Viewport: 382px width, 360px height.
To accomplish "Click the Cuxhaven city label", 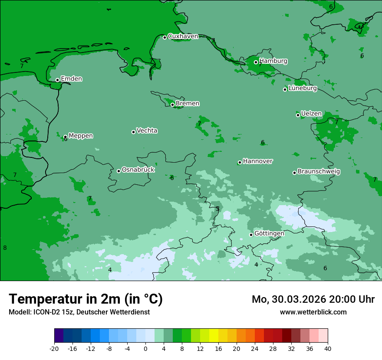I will (183, 36).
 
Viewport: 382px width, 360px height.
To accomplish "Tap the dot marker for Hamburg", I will (256, 62).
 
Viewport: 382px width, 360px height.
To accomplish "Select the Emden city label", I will (71, 79).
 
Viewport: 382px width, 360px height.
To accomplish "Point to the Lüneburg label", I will (303, 88).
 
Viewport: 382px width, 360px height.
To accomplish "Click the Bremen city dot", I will (172, 105).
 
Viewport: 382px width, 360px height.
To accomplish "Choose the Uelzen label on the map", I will (311, 114).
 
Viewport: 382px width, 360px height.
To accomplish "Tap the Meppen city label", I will (81, 136).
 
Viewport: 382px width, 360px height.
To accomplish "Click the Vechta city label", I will (147, 131).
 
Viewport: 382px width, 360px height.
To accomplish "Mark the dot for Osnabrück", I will (119, 171).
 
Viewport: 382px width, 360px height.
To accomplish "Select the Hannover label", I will (257, 161).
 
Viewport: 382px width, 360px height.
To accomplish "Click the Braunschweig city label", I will (319, 172).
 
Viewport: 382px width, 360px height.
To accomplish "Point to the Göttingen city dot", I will (251, 235).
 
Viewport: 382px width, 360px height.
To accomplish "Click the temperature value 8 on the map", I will (5, 248).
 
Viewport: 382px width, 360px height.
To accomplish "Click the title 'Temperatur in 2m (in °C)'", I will (86, 299).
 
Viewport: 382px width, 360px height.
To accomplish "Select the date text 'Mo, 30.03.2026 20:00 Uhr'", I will (313, 299).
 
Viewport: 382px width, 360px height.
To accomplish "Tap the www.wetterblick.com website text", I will (313, 312).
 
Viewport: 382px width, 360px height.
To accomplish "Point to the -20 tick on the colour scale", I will (54, 349).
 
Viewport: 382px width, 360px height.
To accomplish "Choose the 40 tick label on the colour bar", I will (328, 349).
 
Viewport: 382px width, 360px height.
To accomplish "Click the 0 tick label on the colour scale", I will (145, 349).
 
